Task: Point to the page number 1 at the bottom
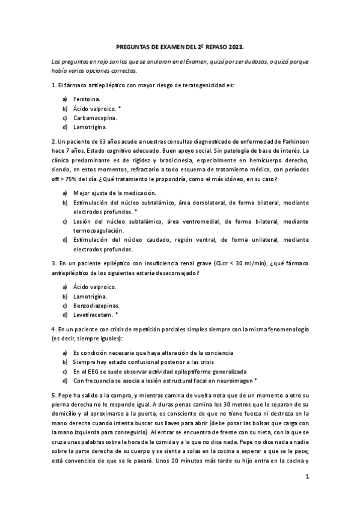[307, 477]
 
